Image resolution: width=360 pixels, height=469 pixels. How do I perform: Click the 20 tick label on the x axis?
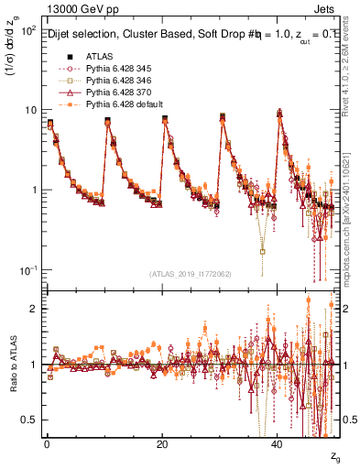162,442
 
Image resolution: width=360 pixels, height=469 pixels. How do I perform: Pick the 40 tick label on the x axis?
278,442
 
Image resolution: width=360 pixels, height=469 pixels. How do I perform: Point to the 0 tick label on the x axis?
47,442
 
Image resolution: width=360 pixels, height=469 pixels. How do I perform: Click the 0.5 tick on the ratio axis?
25,420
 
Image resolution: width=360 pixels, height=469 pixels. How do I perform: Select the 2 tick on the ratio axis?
31,309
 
